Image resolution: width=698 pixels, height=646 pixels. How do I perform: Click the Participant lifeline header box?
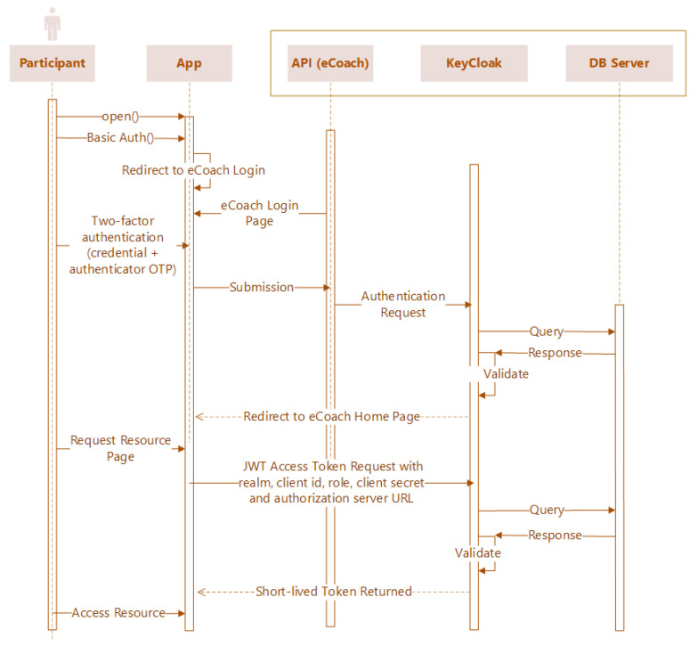pyautogui.click(x=52, y=63)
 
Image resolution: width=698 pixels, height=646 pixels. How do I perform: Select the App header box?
pyautogui.click(x=189, y=63)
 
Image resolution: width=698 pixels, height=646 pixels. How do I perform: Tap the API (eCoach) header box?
pyautogui.click(x=329, y=63)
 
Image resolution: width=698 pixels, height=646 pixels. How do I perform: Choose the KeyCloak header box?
pyautogui.click(x=474, y=63)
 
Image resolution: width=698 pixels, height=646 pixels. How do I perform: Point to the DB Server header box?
pyautogui.click(x=619, y=63)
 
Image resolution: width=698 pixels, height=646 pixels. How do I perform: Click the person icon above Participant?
pyautogui.click(x=52, y=24)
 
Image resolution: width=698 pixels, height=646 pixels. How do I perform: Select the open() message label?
pyautogui.click(x=120, y=117)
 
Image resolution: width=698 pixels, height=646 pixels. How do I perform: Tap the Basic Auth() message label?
pyautogui.click(x=120, y=138)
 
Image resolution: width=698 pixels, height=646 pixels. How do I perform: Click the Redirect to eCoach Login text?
pyautogui.click(x=193, y=169)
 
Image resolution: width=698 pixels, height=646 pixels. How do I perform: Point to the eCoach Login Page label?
pyautogui.click(x=260, y=213)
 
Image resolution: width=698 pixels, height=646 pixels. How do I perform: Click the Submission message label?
pyautogui.click(x=262, y=287)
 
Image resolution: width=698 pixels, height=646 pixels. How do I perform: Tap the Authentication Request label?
pyautogui.click(x=403, y=304)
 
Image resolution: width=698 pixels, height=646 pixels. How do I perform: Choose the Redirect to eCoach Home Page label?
pyautogui.click(x=331, y=416)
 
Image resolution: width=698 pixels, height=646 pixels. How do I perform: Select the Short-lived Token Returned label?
pyautogui.click(x=333, y=591)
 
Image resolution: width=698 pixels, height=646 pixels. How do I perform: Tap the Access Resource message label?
pyautogui.click(x=118, y=613)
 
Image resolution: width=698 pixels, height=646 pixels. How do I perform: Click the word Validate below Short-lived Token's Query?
pyautogui.click(x=477, y=552)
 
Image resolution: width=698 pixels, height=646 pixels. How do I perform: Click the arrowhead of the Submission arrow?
pyautogui.click(x=326, y=287)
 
